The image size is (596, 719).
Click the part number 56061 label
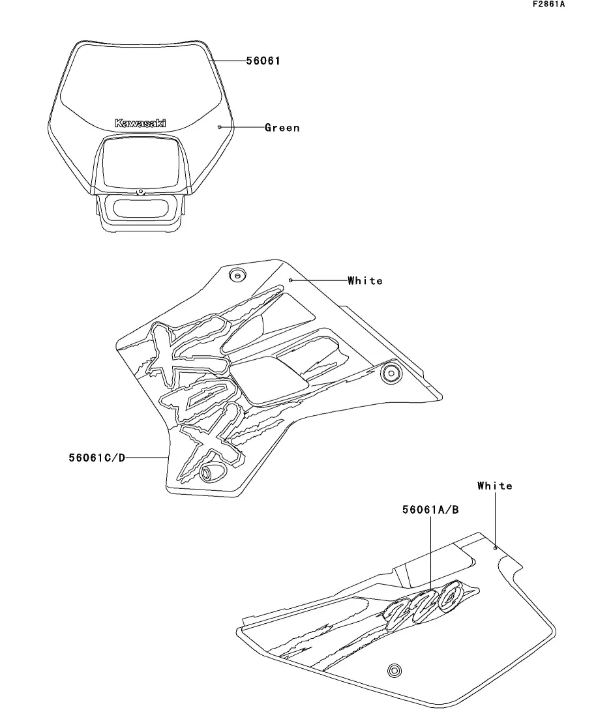(263, 61)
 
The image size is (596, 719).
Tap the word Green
(282, 128)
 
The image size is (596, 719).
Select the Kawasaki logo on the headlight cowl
(140, 123)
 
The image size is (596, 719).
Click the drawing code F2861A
(549, 5)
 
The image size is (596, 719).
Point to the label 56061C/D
(97, 458)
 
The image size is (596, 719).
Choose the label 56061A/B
(430, 510)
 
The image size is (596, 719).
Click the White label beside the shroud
(365, 281)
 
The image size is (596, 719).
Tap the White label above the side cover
(495, 486)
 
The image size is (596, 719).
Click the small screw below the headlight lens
(141, 192)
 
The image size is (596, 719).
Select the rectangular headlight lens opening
(140, 164)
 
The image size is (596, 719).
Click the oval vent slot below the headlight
(142, 209)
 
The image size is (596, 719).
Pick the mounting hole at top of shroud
(237, 275)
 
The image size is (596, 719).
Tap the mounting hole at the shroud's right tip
(391, 374)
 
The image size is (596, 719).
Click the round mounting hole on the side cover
(394, 670)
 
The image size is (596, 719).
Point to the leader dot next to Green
(219, 127)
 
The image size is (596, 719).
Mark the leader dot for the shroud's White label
(290, 280)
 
